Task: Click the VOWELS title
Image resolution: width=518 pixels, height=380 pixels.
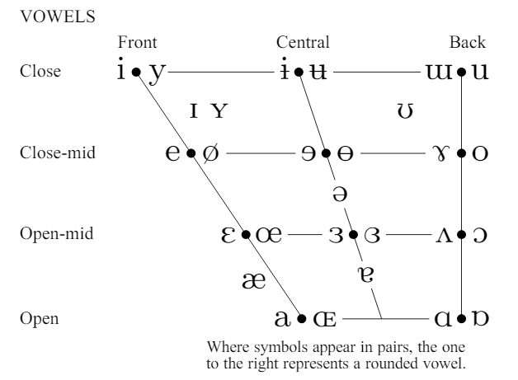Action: point(58,16)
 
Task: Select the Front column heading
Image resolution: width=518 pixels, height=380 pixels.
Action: point(138,42)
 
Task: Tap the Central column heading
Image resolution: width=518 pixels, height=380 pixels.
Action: point(303,42)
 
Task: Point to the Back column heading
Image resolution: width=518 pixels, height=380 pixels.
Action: point(468,42)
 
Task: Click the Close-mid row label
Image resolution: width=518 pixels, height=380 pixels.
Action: point(58,152)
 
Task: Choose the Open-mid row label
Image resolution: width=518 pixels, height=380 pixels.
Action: point(57,233)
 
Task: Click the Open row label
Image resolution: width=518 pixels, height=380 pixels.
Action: point(40,318)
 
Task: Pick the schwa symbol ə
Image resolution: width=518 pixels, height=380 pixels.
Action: point(340,194)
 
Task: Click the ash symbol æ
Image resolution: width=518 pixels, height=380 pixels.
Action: point(254,281)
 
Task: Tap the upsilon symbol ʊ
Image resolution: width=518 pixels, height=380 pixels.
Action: point(405,111)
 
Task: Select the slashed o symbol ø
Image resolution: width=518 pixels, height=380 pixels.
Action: point(211,153)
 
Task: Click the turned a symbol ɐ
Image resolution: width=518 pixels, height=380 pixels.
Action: point(365,274)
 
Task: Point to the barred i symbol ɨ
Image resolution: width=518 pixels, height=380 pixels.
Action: point(284,68)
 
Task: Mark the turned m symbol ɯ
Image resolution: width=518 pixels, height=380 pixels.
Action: point(440,72)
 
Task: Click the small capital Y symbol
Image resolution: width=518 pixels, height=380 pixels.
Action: point(219,110)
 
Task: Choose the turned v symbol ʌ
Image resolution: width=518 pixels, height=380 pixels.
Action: point(444,235)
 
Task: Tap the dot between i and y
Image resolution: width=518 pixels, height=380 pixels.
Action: point(136,72)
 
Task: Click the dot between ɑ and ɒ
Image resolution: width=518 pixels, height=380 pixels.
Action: point(462,319)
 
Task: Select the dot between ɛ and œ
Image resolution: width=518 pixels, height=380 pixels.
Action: point(246,234)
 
